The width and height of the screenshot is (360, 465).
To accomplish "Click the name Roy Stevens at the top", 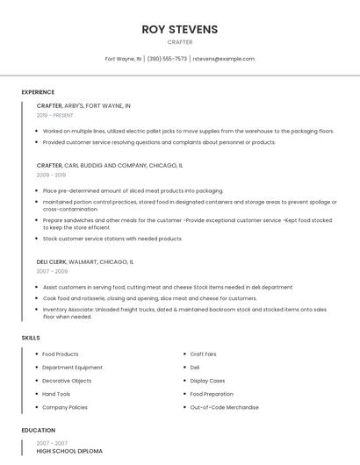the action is [179, 29].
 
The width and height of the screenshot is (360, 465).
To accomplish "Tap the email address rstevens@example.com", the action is [223, 59].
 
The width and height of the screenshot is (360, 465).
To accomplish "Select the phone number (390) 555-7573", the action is [167, 59].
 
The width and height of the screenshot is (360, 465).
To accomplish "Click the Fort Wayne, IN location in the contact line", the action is [123, 59].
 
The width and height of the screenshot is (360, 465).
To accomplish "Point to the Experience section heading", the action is [38, 92].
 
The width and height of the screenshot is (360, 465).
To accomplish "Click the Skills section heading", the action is [31, 338].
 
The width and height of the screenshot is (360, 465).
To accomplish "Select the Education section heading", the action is [38, 431].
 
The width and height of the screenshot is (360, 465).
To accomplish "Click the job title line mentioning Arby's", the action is [83, 105].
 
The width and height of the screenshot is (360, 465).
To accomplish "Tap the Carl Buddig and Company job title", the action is [110, 165].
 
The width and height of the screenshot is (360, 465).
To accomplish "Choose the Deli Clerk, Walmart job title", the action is [85, 261].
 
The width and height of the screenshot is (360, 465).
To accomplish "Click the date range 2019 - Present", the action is [54, 115].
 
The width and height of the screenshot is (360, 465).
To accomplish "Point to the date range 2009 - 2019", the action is [51, 175].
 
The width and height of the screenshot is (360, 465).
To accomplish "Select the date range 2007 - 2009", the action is [52, 271].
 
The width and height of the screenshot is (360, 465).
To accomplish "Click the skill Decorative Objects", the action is [67, 381].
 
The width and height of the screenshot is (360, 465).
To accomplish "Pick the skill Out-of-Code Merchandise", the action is [224, 407].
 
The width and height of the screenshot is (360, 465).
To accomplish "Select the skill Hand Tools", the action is [56, 394].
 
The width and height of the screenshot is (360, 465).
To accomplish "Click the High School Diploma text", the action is [69, 451].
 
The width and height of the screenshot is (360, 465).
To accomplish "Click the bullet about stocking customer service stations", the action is [112, 239].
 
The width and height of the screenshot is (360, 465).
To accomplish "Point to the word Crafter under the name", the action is [179, 41].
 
